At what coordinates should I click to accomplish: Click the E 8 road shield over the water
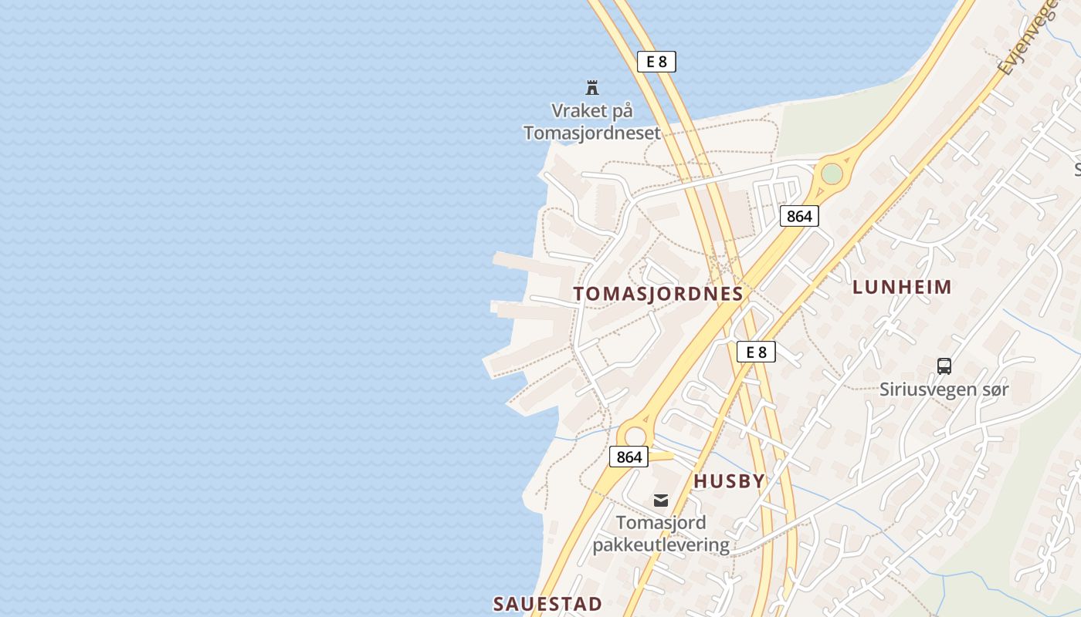[x=656, y=62]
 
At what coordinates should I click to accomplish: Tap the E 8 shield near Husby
[x=756, y=352]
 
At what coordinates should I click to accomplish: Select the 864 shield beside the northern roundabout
[x=798, y=216]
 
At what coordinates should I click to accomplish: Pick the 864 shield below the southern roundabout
[x=629, y=457]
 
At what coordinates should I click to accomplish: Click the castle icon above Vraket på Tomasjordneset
[x=592, y=87]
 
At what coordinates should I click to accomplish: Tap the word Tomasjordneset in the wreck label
[x=591, y=133]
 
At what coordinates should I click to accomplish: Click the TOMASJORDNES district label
[x=658, y=294]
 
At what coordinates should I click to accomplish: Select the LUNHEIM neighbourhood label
[x=902, y=288]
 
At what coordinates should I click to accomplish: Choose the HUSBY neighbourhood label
[x=729, y=481]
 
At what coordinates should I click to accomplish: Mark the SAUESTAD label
[x=547, y=603]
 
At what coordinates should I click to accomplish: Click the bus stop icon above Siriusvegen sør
[x=944, y=366]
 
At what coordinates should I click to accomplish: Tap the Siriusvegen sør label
[x=944, y=389]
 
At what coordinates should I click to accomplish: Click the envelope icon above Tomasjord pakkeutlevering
[x=661, y=501]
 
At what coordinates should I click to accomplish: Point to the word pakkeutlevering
[x=661, y=545]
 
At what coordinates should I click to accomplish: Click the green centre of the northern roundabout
[x=832, y=174]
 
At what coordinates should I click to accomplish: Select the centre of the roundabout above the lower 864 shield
[x=635, y=436]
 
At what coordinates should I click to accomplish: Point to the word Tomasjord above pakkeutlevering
[x=661, y=523]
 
